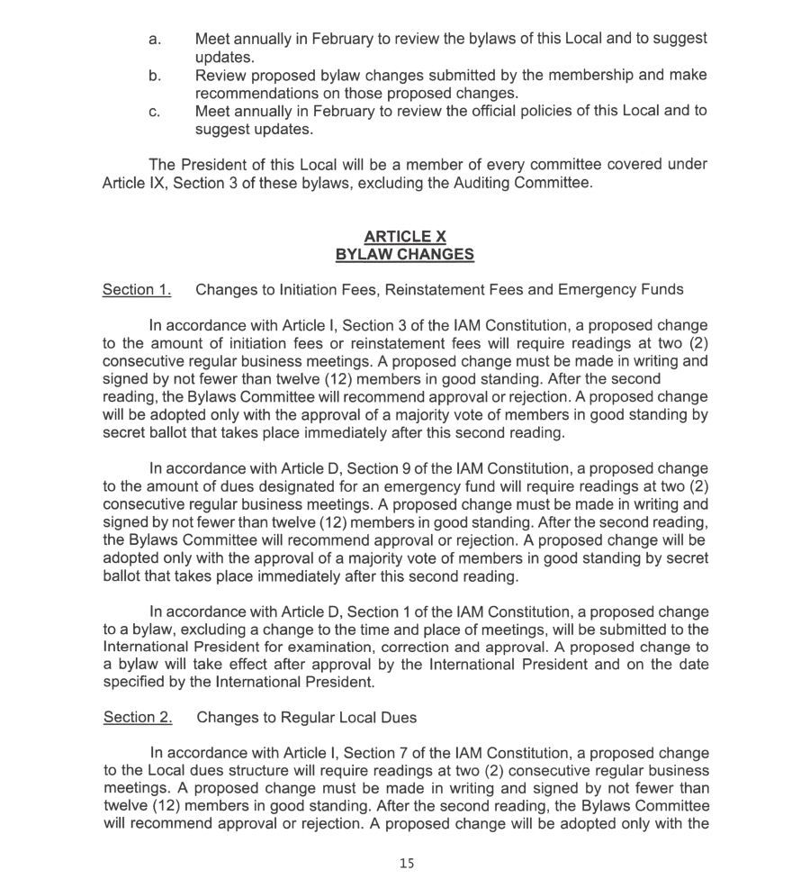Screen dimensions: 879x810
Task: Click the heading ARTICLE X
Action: coord(405,237)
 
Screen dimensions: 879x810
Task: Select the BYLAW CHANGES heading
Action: coord(405,254)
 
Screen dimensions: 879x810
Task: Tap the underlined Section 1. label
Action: coord(137,290)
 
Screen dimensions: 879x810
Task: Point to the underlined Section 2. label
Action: coord(138,718)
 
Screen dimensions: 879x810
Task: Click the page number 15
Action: coord(407,864)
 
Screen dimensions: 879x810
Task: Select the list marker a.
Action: coord(155,40)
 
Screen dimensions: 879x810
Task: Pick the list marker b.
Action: coord(155,76)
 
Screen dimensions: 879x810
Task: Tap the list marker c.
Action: coord(155,112)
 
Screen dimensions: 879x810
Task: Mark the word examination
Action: coord(369,647)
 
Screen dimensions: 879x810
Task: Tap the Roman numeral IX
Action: coord(157,183)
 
